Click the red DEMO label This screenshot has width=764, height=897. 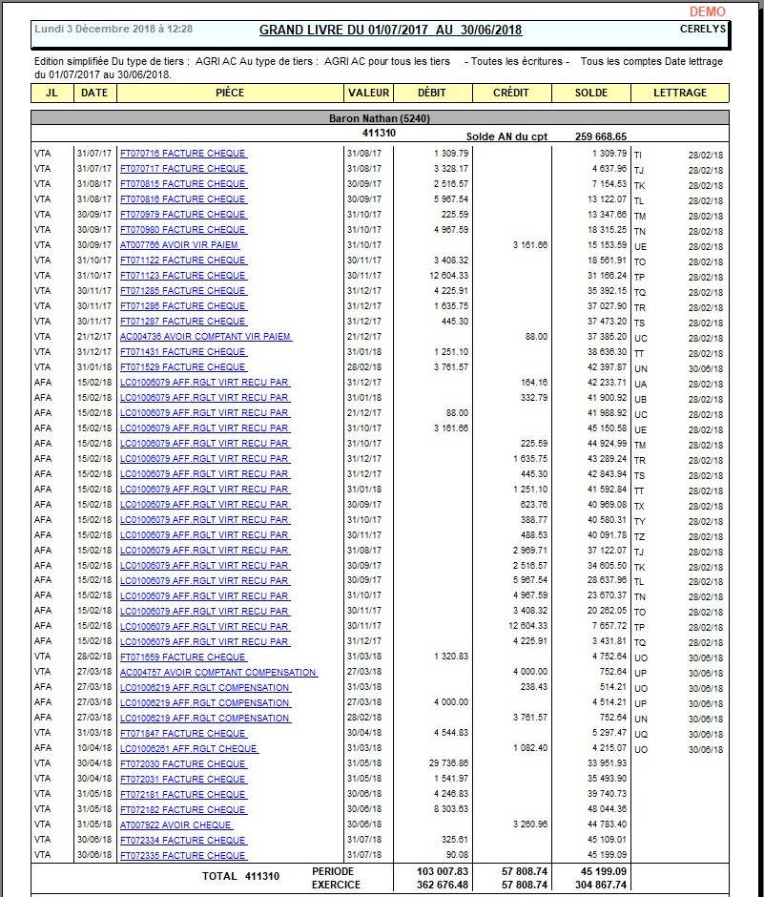point(707,11)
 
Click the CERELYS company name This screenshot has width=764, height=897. point(703,29)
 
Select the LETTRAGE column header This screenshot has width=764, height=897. point(680,93)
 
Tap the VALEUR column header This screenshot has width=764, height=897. point(369,93)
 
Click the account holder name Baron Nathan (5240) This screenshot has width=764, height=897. point(380,118)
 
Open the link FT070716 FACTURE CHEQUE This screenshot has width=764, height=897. point(182,153)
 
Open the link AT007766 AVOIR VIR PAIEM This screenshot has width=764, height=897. point(179,244)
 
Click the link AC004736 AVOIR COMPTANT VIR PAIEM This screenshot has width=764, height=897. point(205,336)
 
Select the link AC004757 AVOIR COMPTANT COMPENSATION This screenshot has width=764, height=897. point(218,672)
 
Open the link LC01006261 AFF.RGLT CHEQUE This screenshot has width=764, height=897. point(189,748)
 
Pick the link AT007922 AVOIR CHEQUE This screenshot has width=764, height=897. point(176,824)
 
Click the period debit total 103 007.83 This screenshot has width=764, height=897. point(444,871)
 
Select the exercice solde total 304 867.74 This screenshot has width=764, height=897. point(601,885)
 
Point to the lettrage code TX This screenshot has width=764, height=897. point(640,506)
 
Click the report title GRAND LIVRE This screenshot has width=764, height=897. point(390,30)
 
